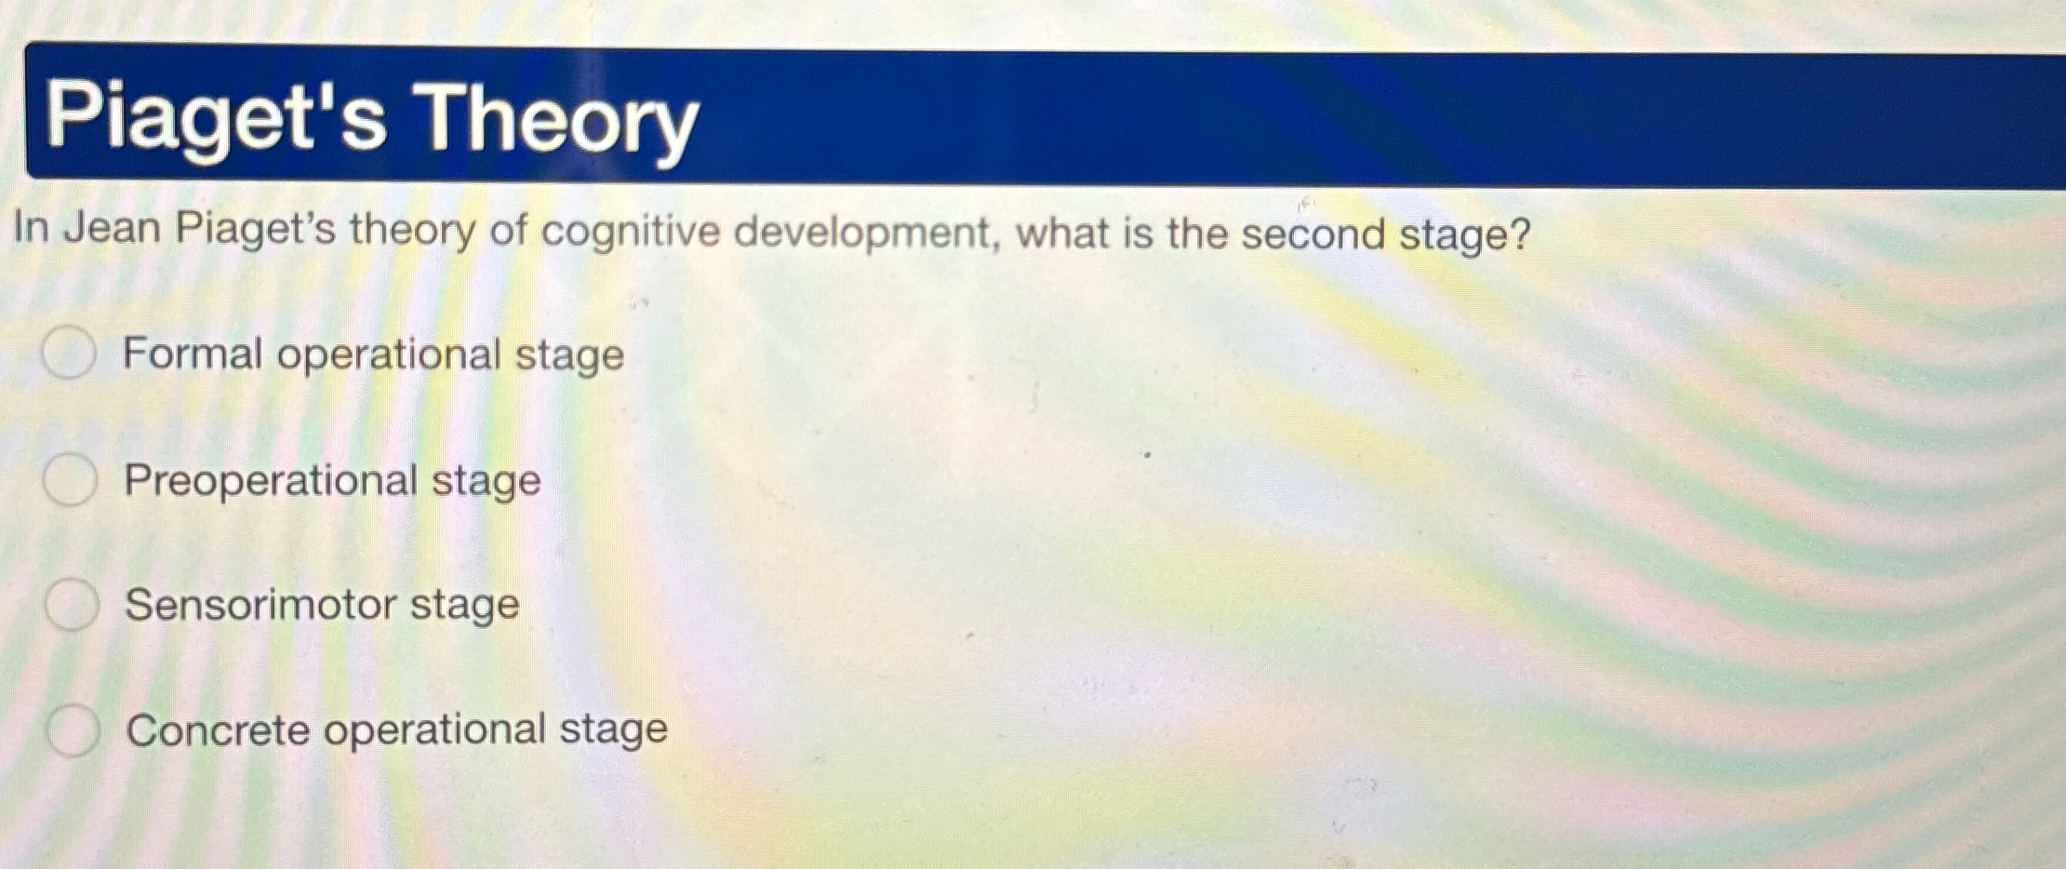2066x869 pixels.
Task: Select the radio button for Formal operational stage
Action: coord(69,354)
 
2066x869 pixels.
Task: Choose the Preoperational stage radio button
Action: coord(70,480)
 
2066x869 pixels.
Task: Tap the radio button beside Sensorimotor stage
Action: coord(72,604)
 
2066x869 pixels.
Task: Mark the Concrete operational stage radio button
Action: coord(73,729)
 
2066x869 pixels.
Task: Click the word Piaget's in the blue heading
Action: coord(215,117)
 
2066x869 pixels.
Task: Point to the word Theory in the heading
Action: coord(555,119)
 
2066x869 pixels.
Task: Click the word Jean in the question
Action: coord(112,228)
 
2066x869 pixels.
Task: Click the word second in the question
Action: coord(1313,234)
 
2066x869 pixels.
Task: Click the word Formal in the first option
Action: coord(193,354)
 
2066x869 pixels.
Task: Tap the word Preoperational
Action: coord(271,481)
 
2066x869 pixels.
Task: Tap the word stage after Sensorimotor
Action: coord(464,606)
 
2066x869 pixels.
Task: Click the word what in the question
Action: coord(1062,233)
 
